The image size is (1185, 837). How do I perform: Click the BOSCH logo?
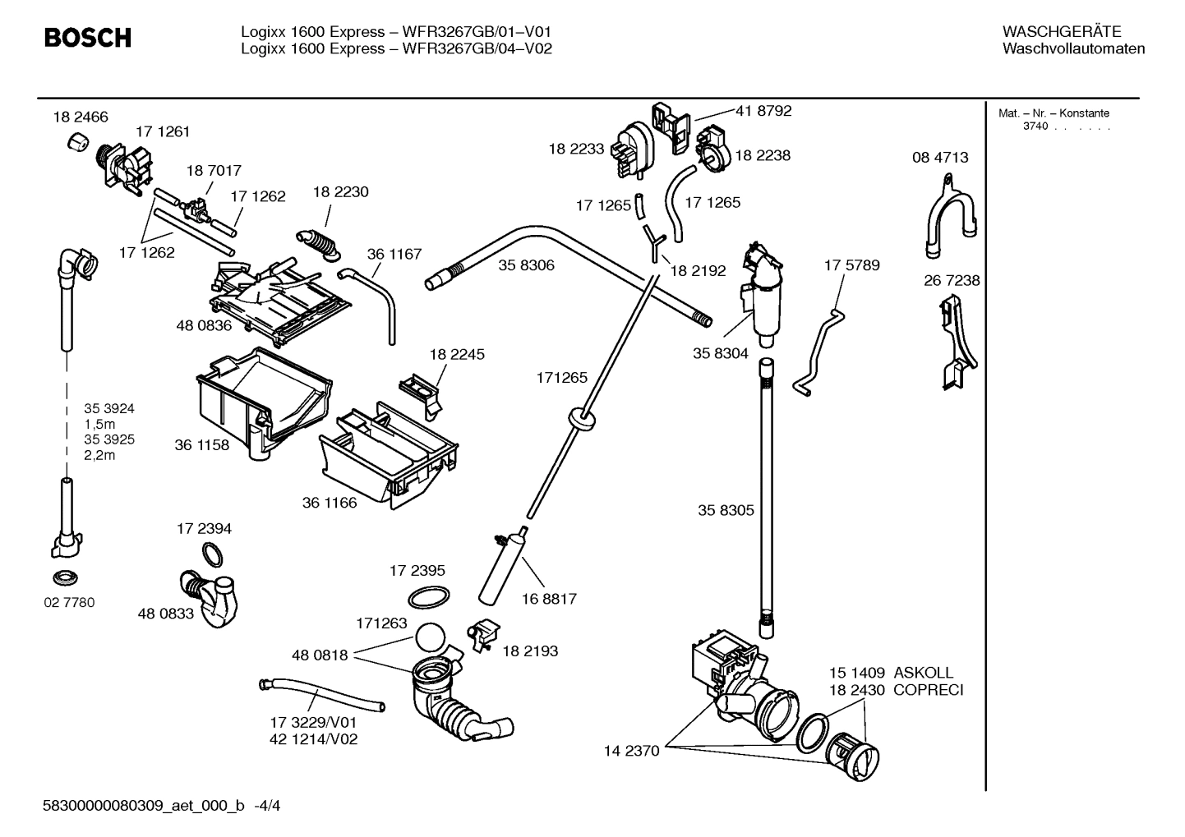(x=87, y=38)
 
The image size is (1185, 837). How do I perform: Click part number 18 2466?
(x=81, y=117)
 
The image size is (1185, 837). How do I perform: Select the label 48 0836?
(x=204, y=325)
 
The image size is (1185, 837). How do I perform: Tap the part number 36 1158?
(x=201, y=445)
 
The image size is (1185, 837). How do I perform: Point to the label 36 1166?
(x=330, y=503)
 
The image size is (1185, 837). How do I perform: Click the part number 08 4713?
(x=940, y=158)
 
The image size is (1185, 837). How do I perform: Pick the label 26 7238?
(x=952, y=281)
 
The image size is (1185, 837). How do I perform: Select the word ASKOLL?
(x=924, y=673)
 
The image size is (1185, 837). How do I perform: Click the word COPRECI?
(x=928, y=690)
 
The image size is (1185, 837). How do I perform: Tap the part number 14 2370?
(x=631, y=751)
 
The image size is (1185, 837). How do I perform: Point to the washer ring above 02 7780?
(x=64, y=574)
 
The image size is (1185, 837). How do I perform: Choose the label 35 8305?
(x=726, y=510)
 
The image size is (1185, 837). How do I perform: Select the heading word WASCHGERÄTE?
(x=1061, y=32)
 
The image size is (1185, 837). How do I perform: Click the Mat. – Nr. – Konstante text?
(x=1054, y=113)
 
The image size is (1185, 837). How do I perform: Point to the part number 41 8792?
(x=763, y=111)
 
